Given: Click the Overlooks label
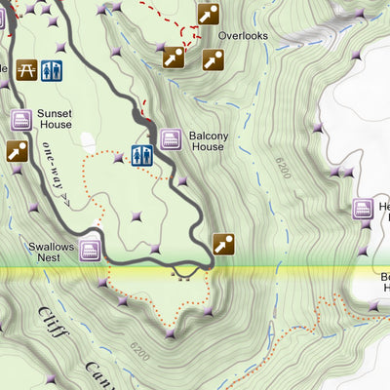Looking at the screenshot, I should (243, 35).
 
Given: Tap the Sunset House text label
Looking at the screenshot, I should (55, 119).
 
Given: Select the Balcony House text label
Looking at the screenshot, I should (207, 140).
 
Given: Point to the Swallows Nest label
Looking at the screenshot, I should (51, 253).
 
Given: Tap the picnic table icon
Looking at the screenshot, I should (26, 70).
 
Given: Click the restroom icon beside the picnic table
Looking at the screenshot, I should (53, 70).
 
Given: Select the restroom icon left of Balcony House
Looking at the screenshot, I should (142, 155).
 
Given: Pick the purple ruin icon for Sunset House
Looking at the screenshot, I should (21, 120).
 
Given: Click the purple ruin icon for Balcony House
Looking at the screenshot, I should (173, 139).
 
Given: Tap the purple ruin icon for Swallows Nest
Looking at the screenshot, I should (91, 251).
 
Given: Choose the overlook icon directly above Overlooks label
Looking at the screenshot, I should (209, 14).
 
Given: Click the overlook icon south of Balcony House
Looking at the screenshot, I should (224, 244).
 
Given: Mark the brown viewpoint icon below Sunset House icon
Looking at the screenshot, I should (17, 151).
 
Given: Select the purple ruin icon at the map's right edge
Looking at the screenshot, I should (363, 209).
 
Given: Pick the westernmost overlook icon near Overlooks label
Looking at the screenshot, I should (174, 58).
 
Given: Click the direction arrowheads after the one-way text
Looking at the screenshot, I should (64, 196).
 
